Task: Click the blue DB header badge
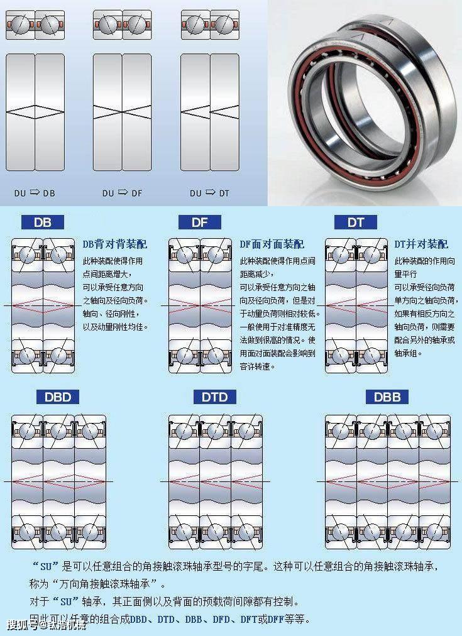pos(43,222)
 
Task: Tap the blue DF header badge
pos(199,222)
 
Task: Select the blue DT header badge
pos(356,222)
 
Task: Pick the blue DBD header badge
pos(58,397)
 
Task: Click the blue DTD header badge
pos(215,397)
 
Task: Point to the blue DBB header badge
pos(387,397)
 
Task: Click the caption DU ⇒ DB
pos(35,193)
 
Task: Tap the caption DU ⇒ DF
pos(122,193)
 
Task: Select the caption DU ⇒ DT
pos(209,193)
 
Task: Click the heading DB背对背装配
pos(115,244)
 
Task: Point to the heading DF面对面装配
pos(272,244)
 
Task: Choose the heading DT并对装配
pos(421,244)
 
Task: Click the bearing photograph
pos(365,103)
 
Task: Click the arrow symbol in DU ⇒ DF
pos(123,192)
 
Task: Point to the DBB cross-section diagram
pos(387,481)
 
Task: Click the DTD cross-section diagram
pos(215,481)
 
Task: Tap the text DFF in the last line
pos(275,619)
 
